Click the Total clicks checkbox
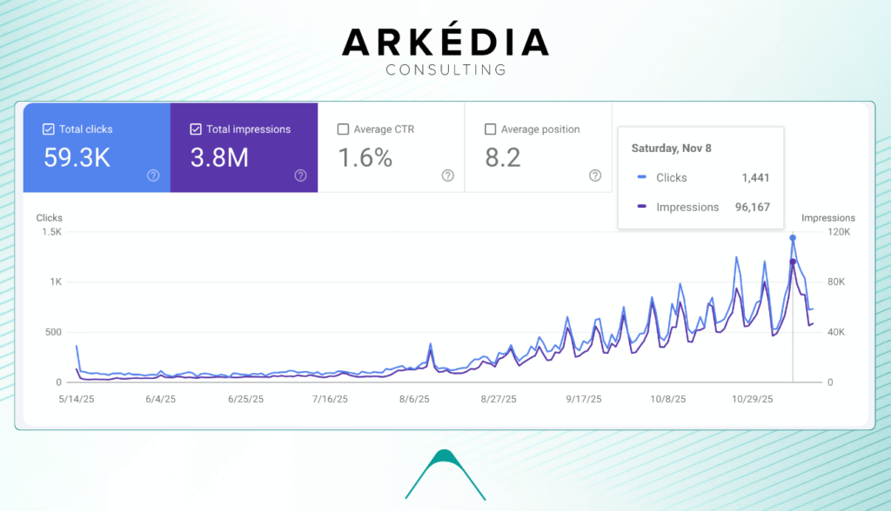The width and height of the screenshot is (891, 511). coord(49,129)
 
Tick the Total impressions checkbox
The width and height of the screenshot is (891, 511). coord(196,129)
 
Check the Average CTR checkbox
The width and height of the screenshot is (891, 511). coord(343,129)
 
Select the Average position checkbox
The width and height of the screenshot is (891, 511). coord(490,129)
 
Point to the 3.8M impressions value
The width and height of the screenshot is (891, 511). coord(219,158)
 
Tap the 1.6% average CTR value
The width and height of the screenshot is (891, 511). coord(365,158)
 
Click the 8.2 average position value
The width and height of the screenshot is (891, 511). coord(503,158)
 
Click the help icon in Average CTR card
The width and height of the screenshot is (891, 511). coord(448,176)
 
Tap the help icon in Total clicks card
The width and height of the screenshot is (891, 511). coord(153,176)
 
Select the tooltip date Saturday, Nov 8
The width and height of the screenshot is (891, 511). coord(671,149)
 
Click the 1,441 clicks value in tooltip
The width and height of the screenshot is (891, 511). coord(755,178)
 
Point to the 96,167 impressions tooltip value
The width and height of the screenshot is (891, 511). coord(751,208)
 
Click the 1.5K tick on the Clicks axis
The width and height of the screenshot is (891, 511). coord(50,232)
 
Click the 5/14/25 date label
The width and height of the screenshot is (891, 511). coord(77,400)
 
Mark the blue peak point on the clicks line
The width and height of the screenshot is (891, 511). coord(793,237)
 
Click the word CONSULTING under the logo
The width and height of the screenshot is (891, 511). coord(445,70)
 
